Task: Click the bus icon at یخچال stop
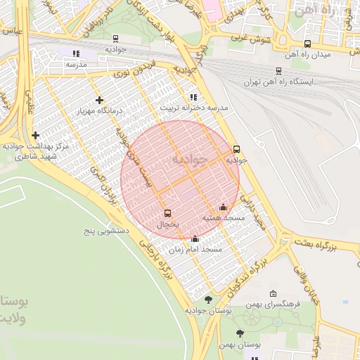167,212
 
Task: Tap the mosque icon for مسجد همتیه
224,207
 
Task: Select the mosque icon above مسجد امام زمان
195,239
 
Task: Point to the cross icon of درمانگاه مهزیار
99,101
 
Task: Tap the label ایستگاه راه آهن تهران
281,82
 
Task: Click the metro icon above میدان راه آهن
307,44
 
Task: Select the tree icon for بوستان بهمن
240,333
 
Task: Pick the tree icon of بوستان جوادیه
207,300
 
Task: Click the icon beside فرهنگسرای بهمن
274,293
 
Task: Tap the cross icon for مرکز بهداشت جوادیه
35,135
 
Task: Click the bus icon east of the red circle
236,149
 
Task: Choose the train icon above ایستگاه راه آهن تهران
279,70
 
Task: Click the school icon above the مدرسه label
76,53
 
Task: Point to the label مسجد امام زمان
195,250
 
